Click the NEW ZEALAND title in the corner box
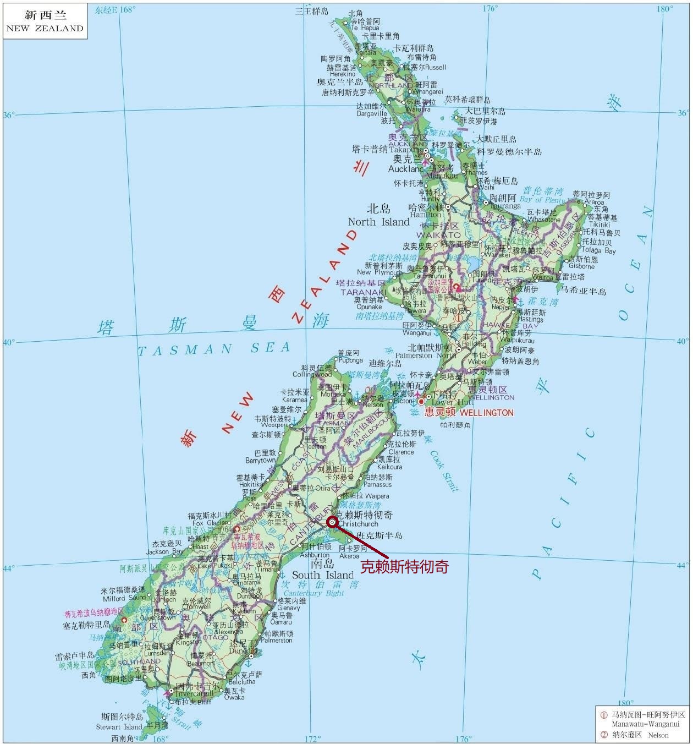pyautogui.click(x=45, y=28)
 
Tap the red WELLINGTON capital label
pyautogui.click(x=486, y=412)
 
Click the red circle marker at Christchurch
pyautogui.click(x=332, y=522)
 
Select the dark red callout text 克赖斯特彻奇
pyautogui.click(x=404, y=566)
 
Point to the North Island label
pyautogui.click(x=378, y=222)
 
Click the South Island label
pyautogui.click(x=322, y=575)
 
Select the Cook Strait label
pyautogui.click(x=444, y=471)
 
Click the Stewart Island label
pyautogui.click(x=119, y=727)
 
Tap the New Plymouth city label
pyautogui.click(x=380, y=272)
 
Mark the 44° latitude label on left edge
pyautogui.click(x=9, y=567)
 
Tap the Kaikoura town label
pyautogui.click(x=388, y=466)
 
